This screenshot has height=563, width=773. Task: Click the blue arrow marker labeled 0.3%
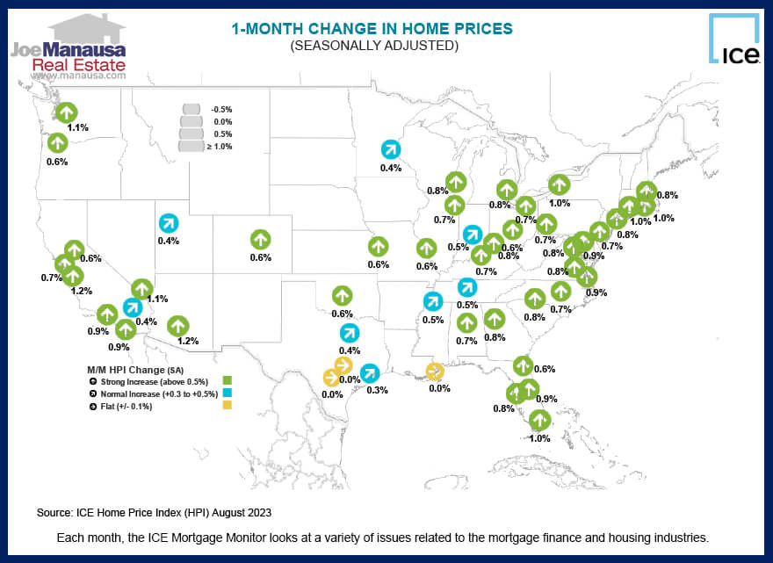370,372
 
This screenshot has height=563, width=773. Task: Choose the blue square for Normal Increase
227,393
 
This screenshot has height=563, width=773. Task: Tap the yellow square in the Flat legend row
227,406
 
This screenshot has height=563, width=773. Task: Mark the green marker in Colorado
260,239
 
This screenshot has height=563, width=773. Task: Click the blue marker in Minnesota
390,149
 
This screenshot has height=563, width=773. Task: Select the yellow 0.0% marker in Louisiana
435,372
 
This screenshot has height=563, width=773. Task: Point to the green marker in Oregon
57,142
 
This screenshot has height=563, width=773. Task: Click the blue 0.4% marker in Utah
168,223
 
